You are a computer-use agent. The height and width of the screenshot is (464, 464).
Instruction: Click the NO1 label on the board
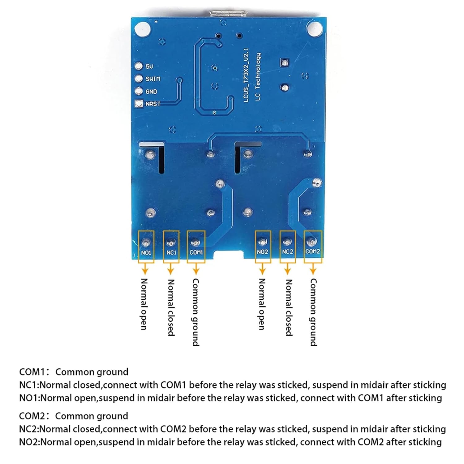point(146,253)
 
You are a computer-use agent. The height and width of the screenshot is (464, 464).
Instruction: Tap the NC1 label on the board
point(171,253)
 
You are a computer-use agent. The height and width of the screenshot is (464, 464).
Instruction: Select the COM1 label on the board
point(196,252)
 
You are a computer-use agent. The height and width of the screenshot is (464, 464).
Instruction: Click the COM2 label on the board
point(313,251)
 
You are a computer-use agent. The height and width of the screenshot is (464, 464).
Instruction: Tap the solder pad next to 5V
point(139,66)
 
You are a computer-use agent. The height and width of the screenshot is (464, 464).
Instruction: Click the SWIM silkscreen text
point(153,79)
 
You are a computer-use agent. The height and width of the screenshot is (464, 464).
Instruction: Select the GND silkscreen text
point(151,92)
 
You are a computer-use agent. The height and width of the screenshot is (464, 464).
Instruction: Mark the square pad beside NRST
point(139,104)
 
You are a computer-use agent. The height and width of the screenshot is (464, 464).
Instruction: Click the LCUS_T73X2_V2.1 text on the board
point(246,75)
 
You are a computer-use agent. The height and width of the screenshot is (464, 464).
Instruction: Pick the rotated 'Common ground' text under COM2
point(313,312)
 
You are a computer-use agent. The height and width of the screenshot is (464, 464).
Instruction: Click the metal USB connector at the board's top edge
point(228,14)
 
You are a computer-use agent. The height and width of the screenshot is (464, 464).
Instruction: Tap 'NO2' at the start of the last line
point(29,442)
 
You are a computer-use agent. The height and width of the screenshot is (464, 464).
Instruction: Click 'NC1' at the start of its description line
point(29,385)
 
